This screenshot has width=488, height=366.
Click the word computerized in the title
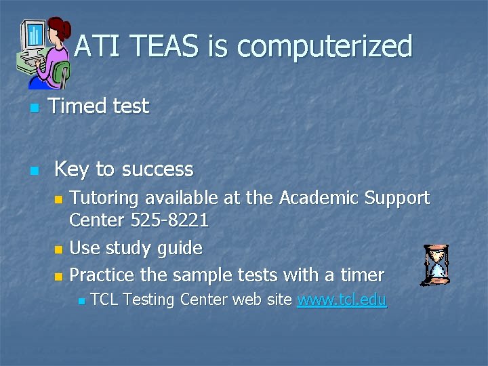tap(325, 47)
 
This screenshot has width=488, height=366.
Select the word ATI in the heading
tap(98, 47)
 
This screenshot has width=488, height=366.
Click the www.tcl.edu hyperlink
tap(342, 300)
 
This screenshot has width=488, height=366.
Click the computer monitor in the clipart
tap(32, 41)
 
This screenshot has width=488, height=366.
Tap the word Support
tap(397, 198)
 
